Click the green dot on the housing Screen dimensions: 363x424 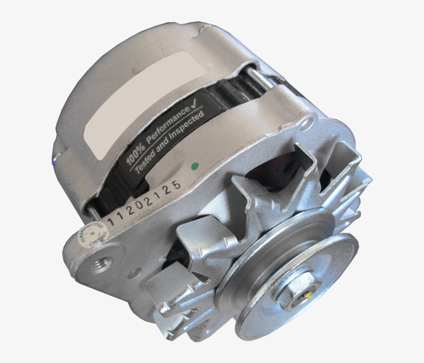194,166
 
